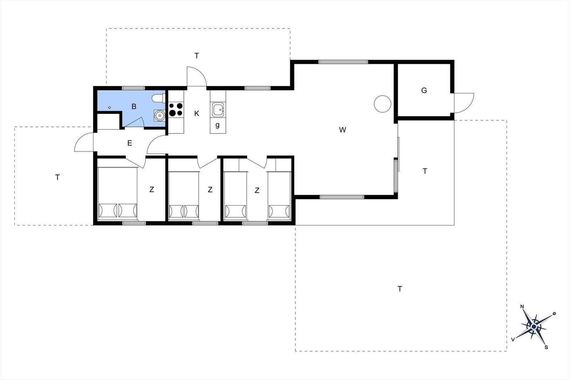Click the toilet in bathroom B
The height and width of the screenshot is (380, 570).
pos(159,98)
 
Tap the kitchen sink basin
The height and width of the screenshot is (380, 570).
pos(218,110)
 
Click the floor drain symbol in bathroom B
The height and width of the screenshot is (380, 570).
pos(109,108)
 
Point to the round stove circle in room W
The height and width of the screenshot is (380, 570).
pos(383,104)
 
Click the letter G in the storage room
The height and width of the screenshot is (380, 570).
pos(424,90)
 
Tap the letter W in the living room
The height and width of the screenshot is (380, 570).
pos(342,130)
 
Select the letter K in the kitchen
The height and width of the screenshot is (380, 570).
pos(197,114)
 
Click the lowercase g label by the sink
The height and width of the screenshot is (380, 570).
pos(217,125)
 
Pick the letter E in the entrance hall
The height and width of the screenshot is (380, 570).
pos(130,143)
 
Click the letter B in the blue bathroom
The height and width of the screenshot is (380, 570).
pos(134,106)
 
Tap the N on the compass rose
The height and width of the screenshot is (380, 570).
pos(522,307)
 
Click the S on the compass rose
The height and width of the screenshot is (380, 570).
pos(546,348)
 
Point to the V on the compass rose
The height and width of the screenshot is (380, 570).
pos(513,339)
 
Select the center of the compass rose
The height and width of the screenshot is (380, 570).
pos(534,327)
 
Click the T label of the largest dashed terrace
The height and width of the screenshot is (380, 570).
pos(400,289)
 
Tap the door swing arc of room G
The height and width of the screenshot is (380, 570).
pos(471,107)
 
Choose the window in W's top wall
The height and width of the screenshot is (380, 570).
pos(343,62)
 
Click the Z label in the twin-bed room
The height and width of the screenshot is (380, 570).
pos(257,190)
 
